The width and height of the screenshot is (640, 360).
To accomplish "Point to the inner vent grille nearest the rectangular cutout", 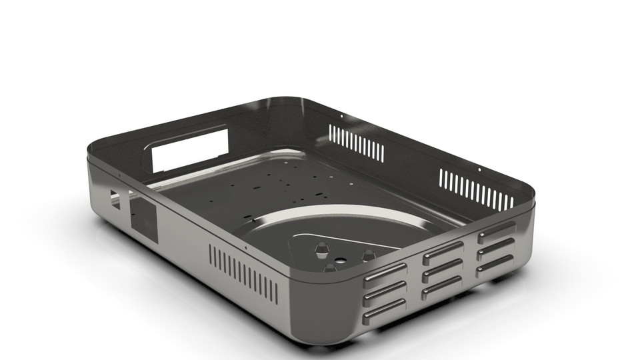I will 357,143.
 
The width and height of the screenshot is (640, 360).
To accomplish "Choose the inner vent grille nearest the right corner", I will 475,189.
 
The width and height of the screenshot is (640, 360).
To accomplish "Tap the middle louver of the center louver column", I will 442,270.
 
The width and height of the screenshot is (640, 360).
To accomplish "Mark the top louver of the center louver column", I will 443,252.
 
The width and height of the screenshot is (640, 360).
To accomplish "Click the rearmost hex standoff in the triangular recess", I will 321,249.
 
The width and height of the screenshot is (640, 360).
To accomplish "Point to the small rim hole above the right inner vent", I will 479,169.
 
